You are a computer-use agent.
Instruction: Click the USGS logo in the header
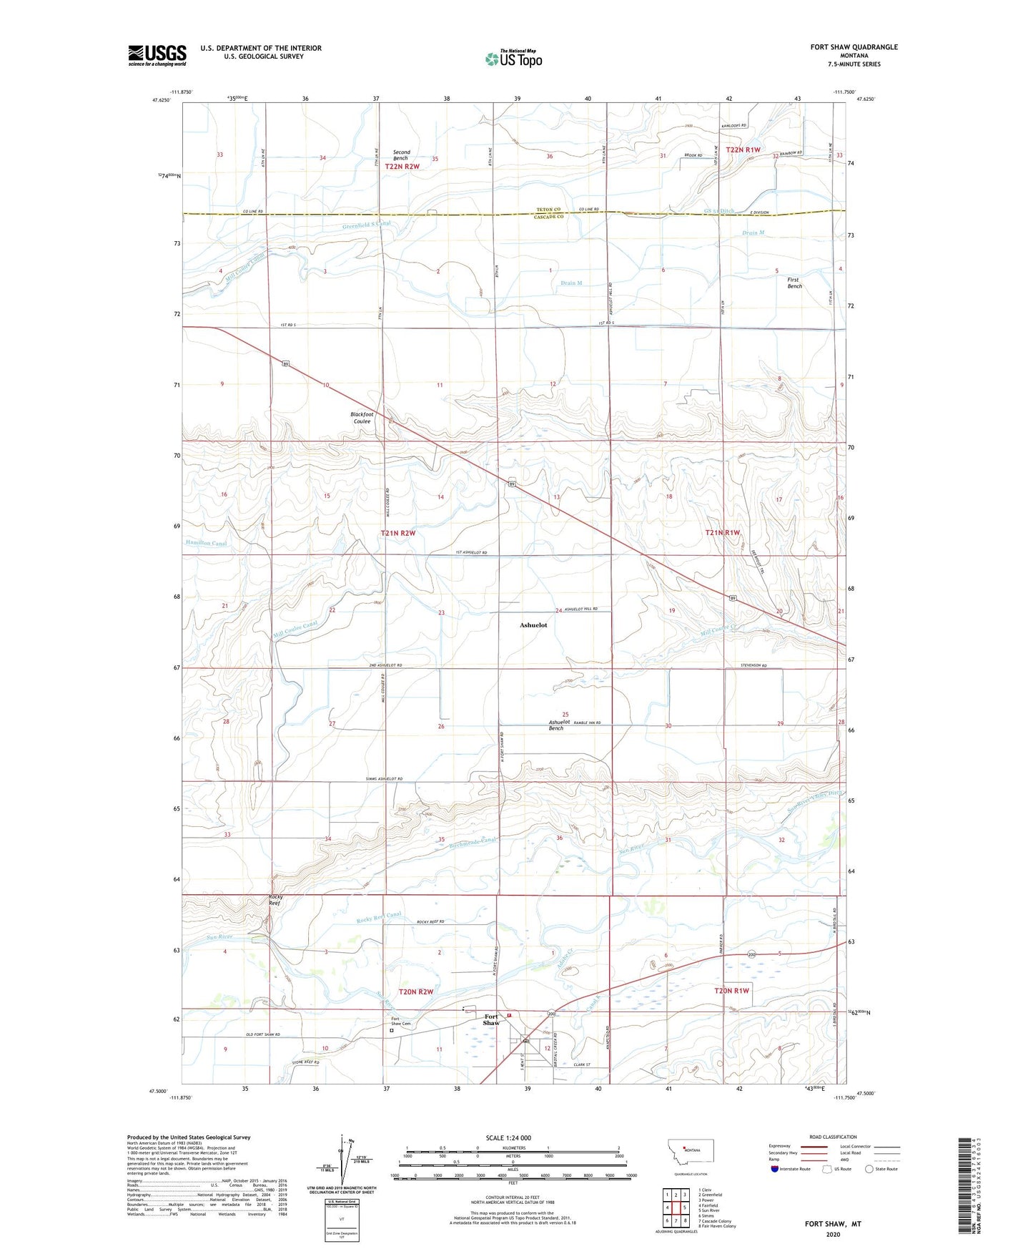point(157,55)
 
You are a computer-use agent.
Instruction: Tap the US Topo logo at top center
point(513,59)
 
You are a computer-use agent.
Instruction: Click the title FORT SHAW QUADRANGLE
point(854,47)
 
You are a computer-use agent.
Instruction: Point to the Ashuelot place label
point(533,625)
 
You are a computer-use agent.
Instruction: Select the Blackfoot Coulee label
point(362,418)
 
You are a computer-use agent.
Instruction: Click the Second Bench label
point(402,155)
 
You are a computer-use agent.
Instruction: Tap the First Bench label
point(794,283)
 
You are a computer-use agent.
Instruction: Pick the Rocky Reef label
point(275,900)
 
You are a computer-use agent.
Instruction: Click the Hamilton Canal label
point(207,544)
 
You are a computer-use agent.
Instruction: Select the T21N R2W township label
point(398,533)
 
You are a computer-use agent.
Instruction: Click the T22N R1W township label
point(743,150)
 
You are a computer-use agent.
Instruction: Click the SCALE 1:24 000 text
point(508,1138)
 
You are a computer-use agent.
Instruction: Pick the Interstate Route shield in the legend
point(775,1169)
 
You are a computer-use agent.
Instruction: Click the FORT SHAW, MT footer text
point(833,1224)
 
